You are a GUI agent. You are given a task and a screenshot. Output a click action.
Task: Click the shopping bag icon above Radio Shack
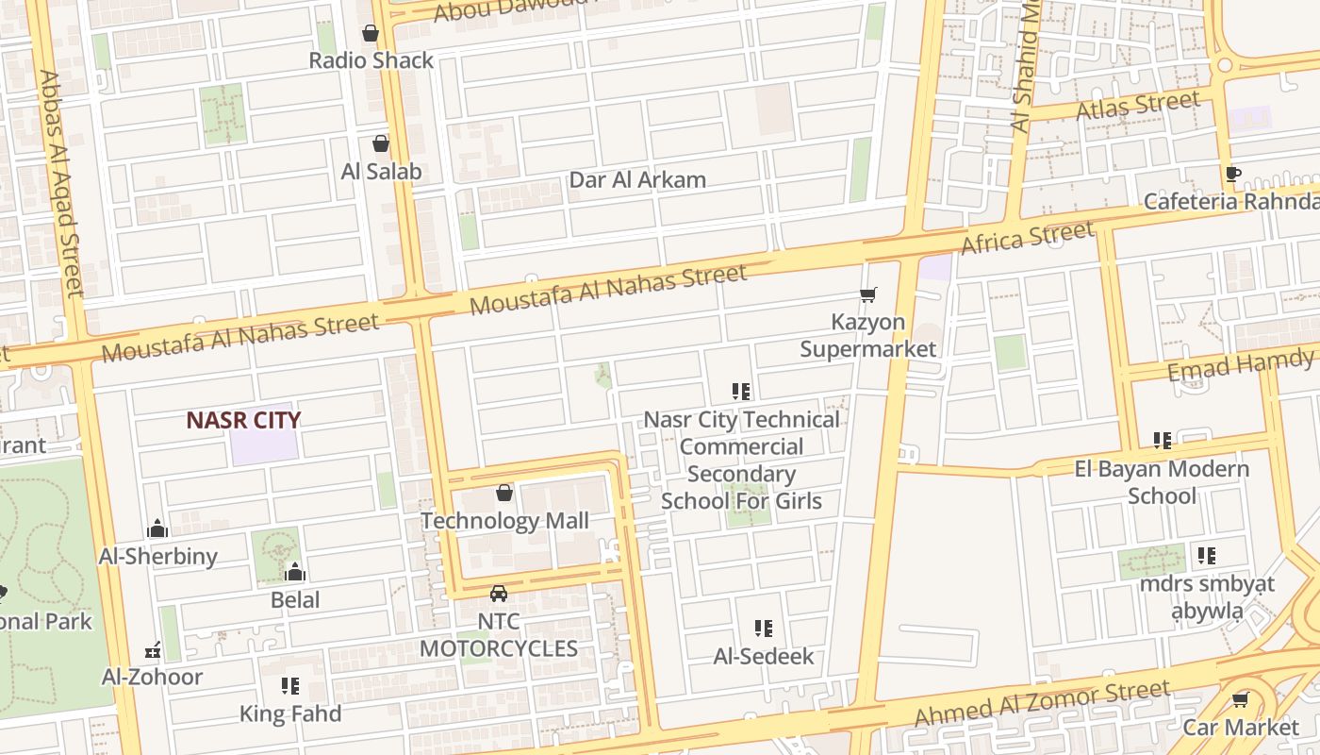(371, 33)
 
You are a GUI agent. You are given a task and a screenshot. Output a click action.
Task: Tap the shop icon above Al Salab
(381, 143)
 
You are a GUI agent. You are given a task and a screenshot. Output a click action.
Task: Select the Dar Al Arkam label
(637, 180)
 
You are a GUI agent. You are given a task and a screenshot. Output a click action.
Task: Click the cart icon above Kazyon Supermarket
(868, 295)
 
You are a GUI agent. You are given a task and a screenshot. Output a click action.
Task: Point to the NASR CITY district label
(243, 421)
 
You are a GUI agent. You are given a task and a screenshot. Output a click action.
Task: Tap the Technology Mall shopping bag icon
(504, 493)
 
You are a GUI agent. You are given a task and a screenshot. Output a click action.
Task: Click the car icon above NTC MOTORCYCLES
(499, 594)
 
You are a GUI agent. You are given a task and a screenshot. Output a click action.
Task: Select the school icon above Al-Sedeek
(764, 629)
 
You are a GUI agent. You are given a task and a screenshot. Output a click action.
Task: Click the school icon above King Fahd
(290, 686)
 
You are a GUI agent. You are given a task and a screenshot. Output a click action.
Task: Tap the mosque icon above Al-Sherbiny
(158, 528)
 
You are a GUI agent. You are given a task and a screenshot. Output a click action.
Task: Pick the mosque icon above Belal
(295, 572)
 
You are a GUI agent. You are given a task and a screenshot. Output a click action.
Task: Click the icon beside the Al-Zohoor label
(153, 650)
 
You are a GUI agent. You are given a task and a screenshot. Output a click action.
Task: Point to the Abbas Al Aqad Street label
(60, 183)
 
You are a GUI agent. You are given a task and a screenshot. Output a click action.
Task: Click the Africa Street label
(1027, 237)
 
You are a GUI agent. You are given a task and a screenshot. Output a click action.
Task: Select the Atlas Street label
(1137, 106)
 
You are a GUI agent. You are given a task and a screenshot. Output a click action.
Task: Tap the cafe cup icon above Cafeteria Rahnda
(1232, 175)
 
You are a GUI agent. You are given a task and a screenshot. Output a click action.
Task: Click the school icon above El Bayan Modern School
(1163, 441)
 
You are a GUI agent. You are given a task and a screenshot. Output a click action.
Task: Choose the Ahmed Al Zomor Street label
(1042, 704)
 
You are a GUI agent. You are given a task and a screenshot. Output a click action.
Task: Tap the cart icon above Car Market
(1241, 699)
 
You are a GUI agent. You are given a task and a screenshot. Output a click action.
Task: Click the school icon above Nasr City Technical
(741, 391)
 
